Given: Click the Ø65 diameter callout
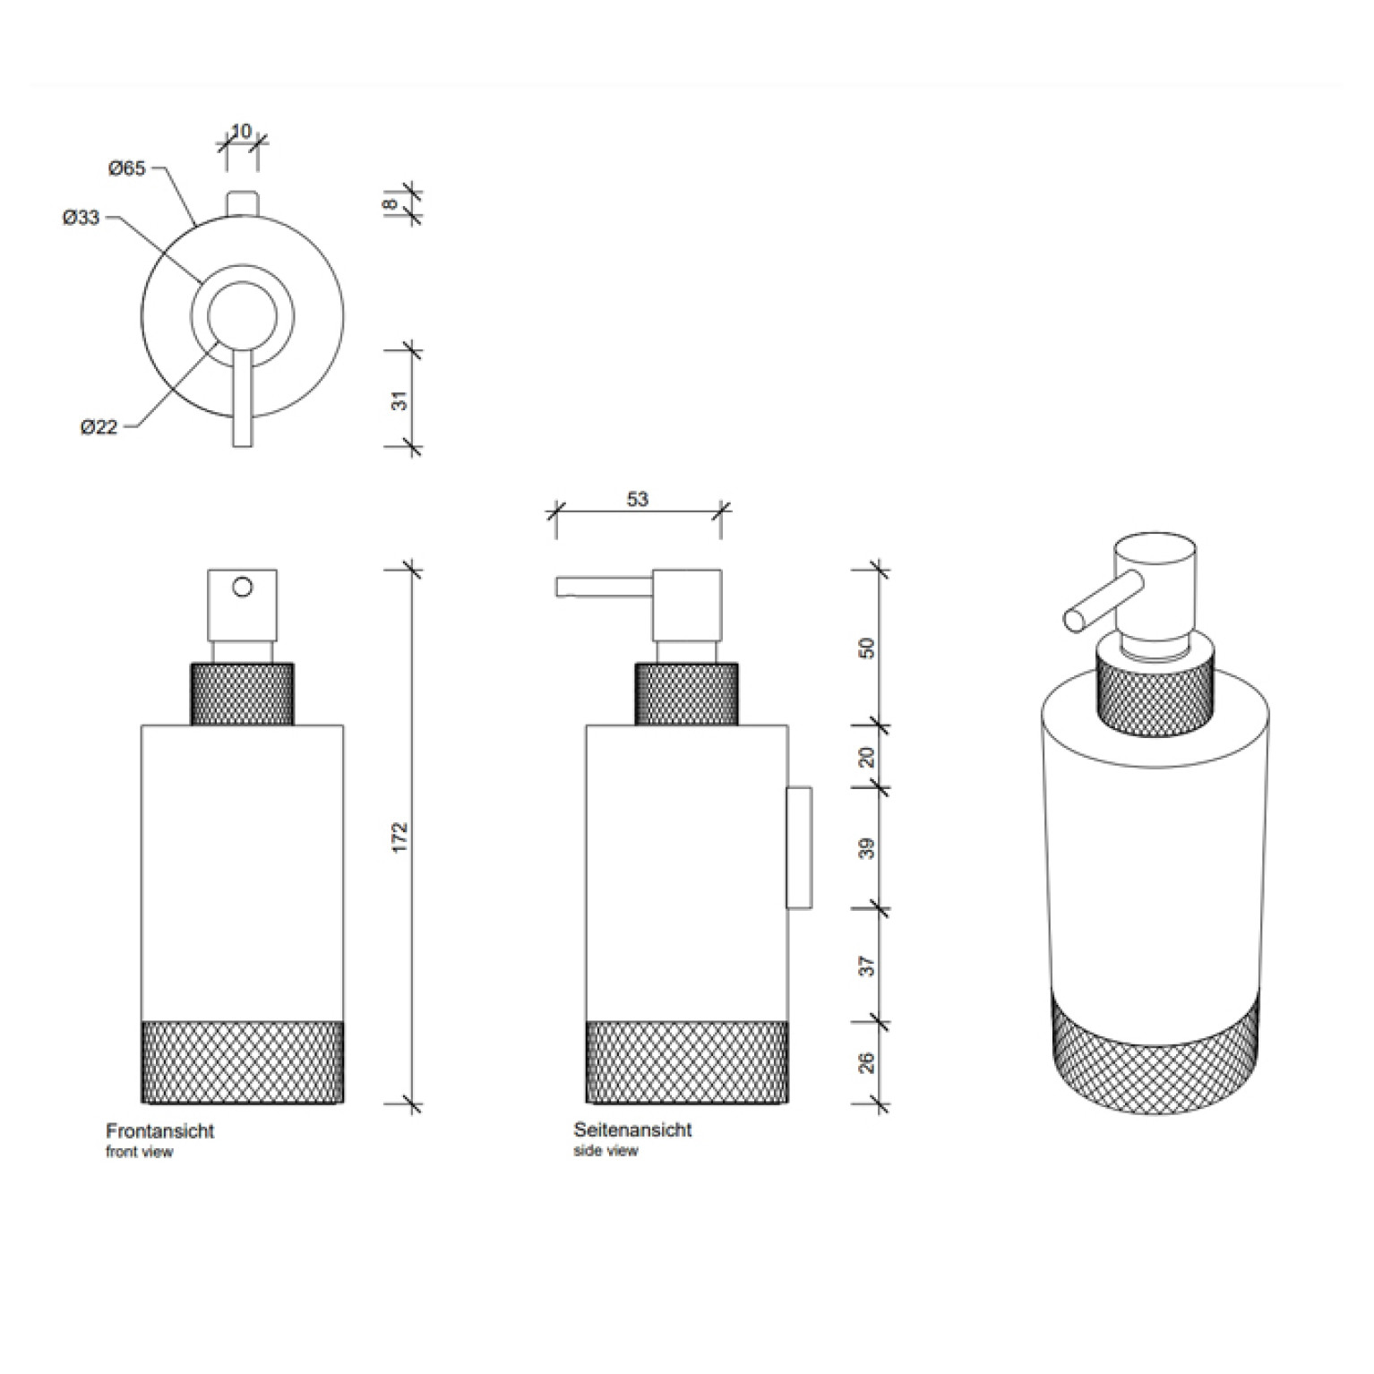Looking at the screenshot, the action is coord(126,167).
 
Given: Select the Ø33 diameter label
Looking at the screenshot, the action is coord(81,218).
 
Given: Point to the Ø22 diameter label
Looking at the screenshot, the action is coord(99,427).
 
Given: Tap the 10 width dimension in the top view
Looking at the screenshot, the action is coord(241,132).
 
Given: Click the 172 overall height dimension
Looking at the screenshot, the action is coord(400,836).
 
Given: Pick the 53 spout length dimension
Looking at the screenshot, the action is coord(637,500).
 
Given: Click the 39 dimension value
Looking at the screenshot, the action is coord(866,847).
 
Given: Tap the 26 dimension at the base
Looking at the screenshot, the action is coord(866,1063).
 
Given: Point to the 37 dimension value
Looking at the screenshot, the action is coord(866,966).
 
